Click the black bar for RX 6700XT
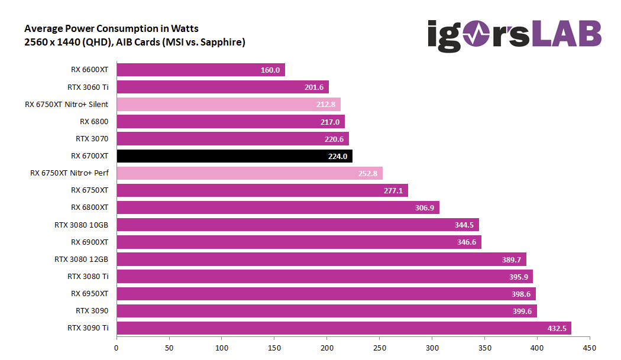tap(234, 156)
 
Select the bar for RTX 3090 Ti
tap(344, 327)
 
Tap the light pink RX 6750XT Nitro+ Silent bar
tap(228, 105)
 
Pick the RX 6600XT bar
tap(200, 70)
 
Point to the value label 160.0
tap(270, 70)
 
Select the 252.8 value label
tap(368, 173)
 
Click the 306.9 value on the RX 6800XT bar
tap(425, 207)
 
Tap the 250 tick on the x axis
tap(379, 348)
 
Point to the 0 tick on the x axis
tap(117, 348)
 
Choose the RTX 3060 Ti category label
tap(88, 87)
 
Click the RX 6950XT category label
tap(90, 293)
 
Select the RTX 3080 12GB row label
tap(82, 259)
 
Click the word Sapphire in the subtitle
tap(222, 42)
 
